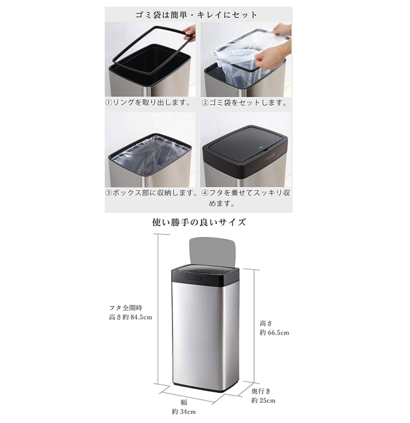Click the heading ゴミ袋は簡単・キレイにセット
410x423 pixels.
(x=196, y=15)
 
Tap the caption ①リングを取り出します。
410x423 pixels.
(x=148, y=103)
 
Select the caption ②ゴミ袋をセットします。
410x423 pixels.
(x=244, y=103)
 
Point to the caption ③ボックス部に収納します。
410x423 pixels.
(x=151, y=193)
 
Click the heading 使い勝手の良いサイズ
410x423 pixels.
(x=199, y=222)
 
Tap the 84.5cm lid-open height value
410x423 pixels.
(x=141, y=317)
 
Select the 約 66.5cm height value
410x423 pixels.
(x=275, y=332)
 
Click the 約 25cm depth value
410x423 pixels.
(x=263, y=401)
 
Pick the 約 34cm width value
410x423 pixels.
(x=184, y=411)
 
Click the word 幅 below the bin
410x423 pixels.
(x=184, y=402)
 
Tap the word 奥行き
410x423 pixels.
(x=261, y=391)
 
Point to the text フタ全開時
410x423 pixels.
(x=126, y=308)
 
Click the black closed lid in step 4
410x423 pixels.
(x=245, y=150)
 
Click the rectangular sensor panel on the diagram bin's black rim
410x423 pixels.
(x=195, y=278)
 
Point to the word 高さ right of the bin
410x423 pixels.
(x=266, y=323)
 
